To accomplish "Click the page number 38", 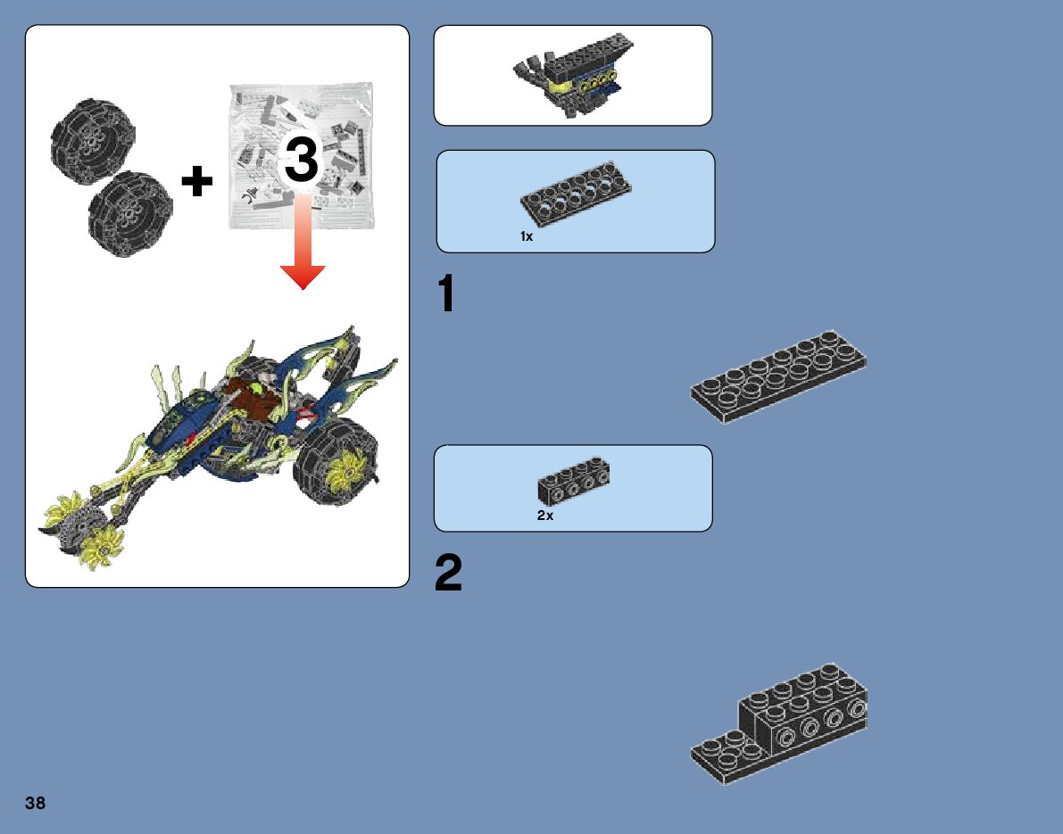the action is click(x=35, y=803).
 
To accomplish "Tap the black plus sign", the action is click(x=197, y=181).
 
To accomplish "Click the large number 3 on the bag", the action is click(x=302, y=161).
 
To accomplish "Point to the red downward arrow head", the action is click(x=303, y=277).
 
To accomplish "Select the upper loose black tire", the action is click(x=93, y=141).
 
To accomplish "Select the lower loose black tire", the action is click(x=130, y=213).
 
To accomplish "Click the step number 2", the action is click(x=448, y=573).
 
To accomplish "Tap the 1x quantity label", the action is click(x=527, y=236).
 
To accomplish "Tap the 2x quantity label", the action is click(x=545, y=516).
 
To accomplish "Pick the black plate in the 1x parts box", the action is click(x=576, y=194).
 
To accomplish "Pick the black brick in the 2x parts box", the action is click(x=574, y=481).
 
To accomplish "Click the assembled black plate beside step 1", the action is click(x=778, y=376).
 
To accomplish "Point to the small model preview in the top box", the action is click(x=574, y=75).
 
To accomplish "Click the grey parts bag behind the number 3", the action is click(x=301, y=156).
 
